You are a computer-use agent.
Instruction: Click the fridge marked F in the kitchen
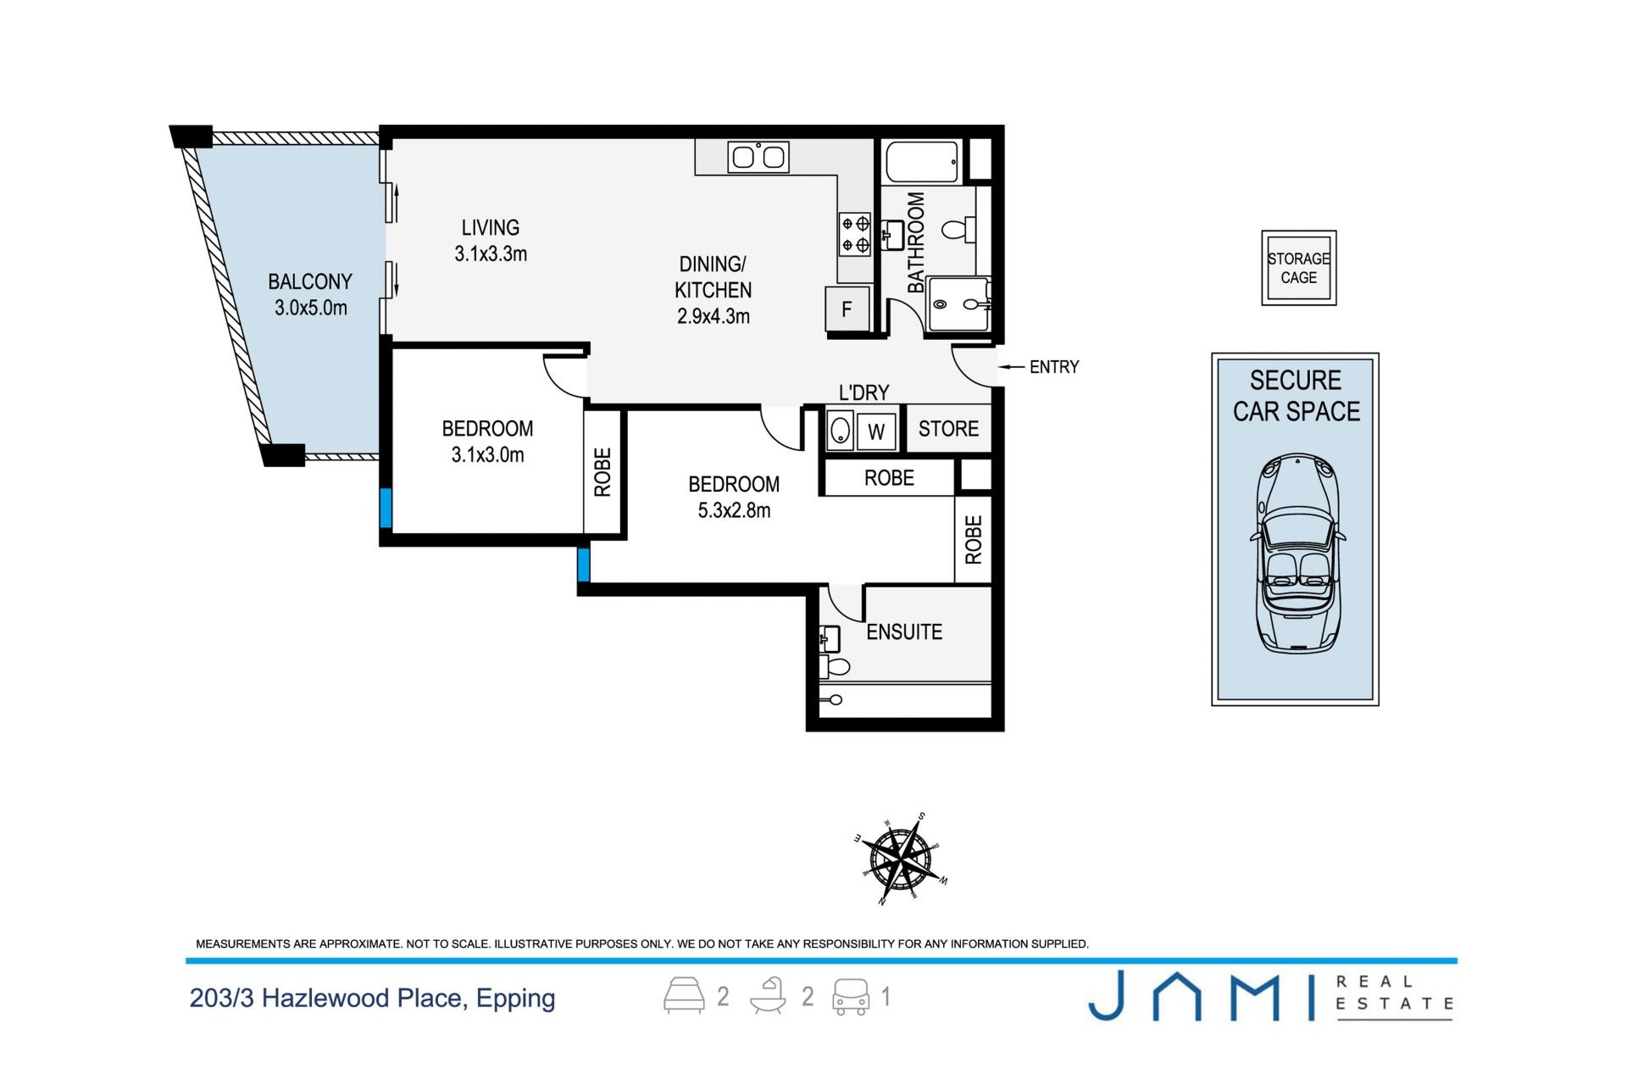(847, 309)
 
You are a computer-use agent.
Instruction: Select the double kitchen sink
(758, 157)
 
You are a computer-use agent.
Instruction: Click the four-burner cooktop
(855, 235)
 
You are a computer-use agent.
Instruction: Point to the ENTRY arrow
(1012, 367)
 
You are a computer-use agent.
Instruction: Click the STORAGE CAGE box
(1298, 268)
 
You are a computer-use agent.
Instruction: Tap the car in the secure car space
(1297, 554)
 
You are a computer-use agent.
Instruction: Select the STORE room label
(948, 429)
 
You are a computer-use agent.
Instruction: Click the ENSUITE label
(904, 632)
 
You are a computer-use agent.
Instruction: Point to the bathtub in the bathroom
(922, 162)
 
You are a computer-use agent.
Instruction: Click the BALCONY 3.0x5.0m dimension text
(311, 308)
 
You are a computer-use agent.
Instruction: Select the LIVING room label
(491, 227)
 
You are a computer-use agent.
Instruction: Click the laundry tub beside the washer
(840, 431)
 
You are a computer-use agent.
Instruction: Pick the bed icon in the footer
(684, 995)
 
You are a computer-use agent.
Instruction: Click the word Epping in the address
(515, 999)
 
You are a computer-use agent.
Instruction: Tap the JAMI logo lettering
(1201, 997)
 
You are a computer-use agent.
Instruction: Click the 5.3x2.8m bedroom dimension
(734, 510)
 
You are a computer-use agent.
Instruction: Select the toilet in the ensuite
(835, 666)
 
